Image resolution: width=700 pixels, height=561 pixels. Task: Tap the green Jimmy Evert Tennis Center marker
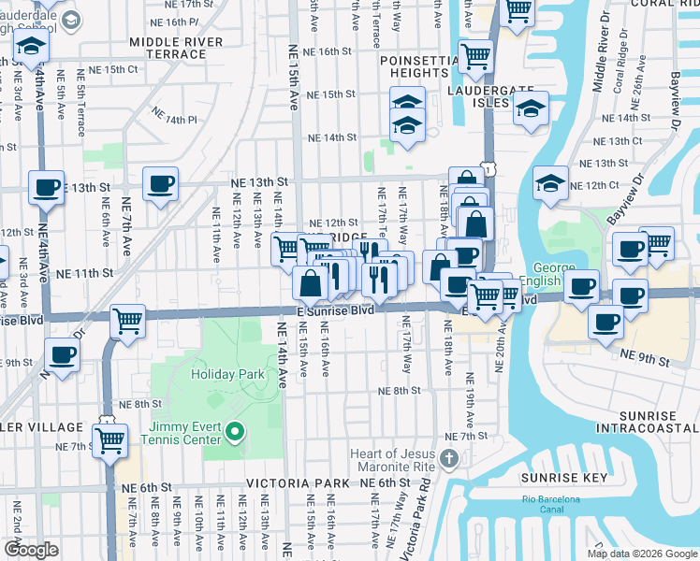(x=234, y=431)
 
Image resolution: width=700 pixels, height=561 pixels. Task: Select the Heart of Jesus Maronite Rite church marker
(x=449, y=458)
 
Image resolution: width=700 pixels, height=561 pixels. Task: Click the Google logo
(x=32, y=550)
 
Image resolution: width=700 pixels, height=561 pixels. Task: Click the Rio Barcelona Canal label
(x=549, y=504)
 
